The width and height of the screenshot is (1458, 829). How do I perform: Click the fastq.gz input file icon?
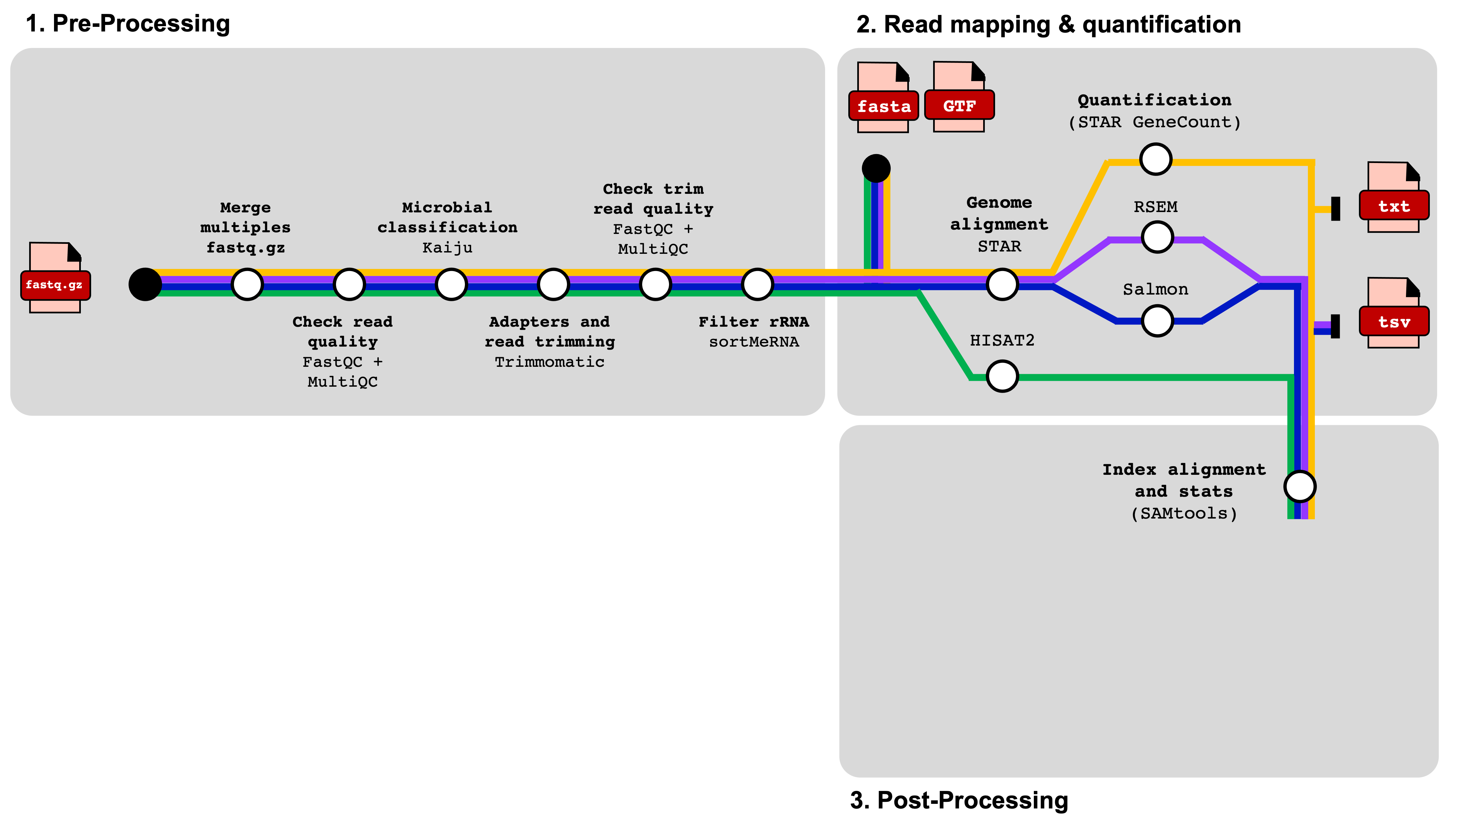click(x=55, y=278)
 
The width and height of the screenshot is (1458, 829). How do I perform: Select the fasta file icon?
click(x=883, y=98)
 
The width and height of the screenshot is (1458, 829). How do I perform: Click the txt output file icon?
click(x=1394, y=197)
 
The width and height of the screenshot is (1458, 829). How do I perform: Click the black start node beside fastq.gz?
click(x=145, y=284)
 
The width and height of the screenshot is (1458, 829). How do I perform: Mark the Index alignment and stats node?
click(x=1300, y=487)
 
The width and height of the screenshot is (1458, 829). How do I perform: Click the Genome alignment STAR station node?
click(x=1002, y=284)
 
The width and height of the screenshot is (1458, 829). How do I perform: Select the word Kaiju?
click(x=447, y=248)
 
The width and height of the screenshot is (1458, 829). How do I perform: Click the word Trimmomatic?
click(x=549, y=362)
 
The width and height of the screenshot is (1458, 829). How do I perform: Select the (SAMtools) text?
click(x=1184, y=514)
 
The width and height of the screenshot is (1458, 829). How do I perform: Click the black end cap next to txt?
click(x=1335, y=209)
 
